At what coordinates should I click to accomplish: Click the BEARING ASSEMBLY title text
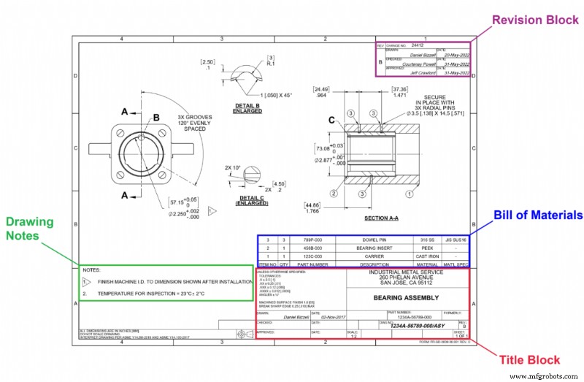(399, 299)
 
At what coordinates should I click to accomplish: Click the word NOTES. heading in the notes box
(91, 270)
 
